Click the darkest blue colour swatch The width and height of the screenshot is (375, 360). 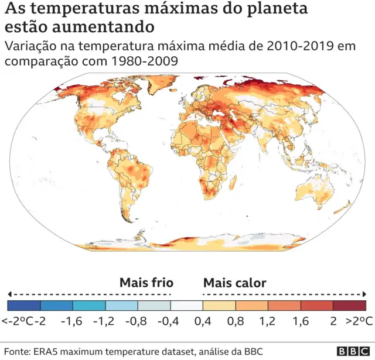tap(24, 305)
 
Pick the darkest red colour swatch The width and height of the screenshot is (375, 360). tap(349, 305)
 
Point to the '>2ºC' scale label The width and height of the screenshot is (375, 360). tap(359, 321)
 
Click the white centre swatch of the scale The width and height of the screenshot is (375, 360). tap(186, 305)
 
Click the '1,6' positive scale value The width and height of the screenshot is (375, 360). tap(301, 321)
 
